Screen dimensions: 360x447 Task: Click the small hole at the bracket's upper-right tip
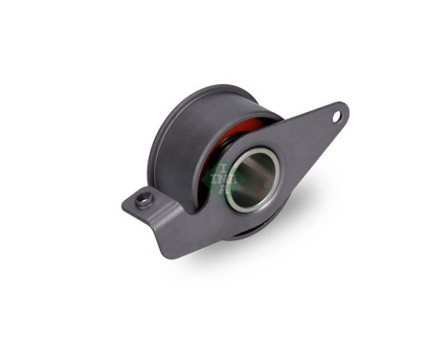tap(336, 117)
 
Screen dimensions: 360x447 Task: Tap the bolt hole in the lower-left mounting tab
tap(145, 200)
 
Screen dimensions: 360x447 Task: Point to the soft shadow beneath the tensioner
tap(239, 268)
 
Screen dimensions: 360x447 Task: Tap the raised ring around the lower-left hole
tap(137, 195)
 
